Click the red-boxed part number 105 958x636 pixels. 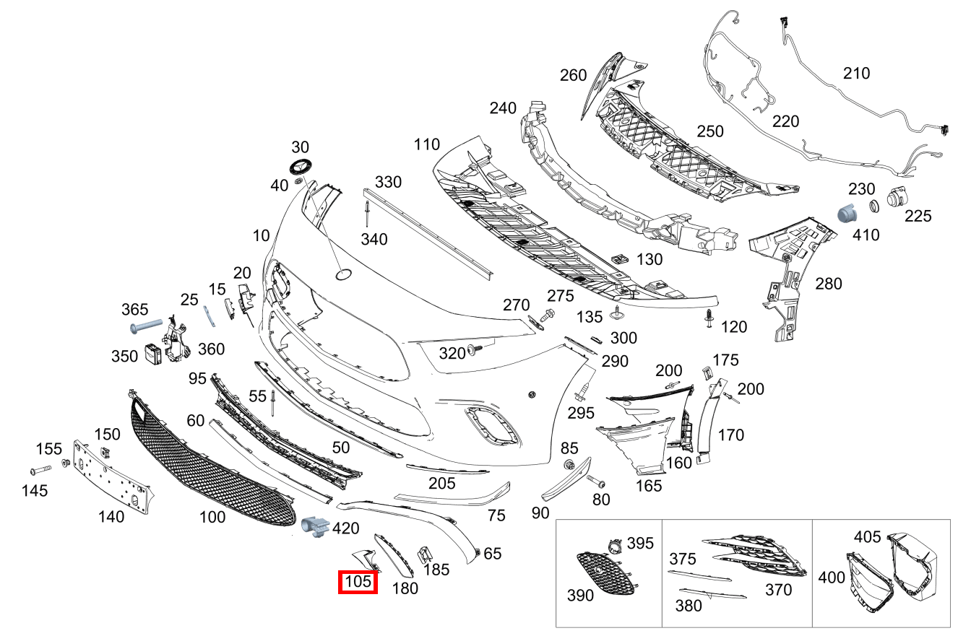pos(358,582)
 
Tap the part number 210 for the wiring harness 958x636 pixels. pos(856,73)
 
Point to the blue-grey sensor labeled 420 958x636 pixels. pos(314,527)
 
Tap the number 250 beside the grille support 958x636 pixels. pos(709,131)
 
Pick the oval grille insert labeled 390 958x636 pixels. pos(604,573)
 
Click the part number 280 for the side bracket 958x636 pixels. pos(828,284)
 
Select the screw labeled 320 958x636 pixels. pos(475,350)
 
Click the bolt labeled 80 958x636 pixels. pos(595,481)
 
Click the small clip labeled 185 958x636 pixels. pos(425,554)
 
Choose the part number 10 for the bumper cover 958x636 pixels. pos(261,235)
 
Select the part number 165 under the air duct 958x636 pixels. pos(648,486)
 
